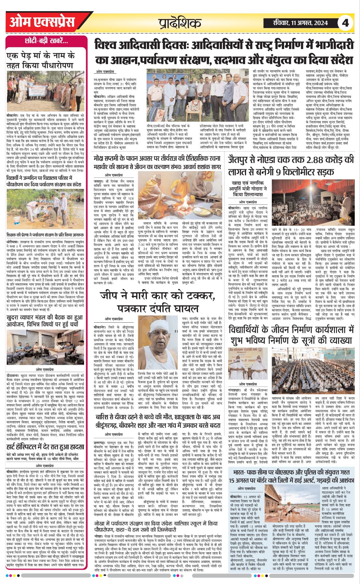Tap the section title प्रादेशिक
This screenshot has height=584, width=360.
coord(180,23)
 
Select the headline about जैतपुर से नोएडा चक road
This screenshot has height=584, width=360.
coord(291,166)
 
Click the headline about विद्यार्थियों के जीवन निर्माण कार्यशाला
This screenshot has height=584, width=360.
coord(291,335)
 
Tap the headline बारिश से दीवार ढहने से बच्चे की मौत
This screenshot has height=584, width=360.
coord(158,420)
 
